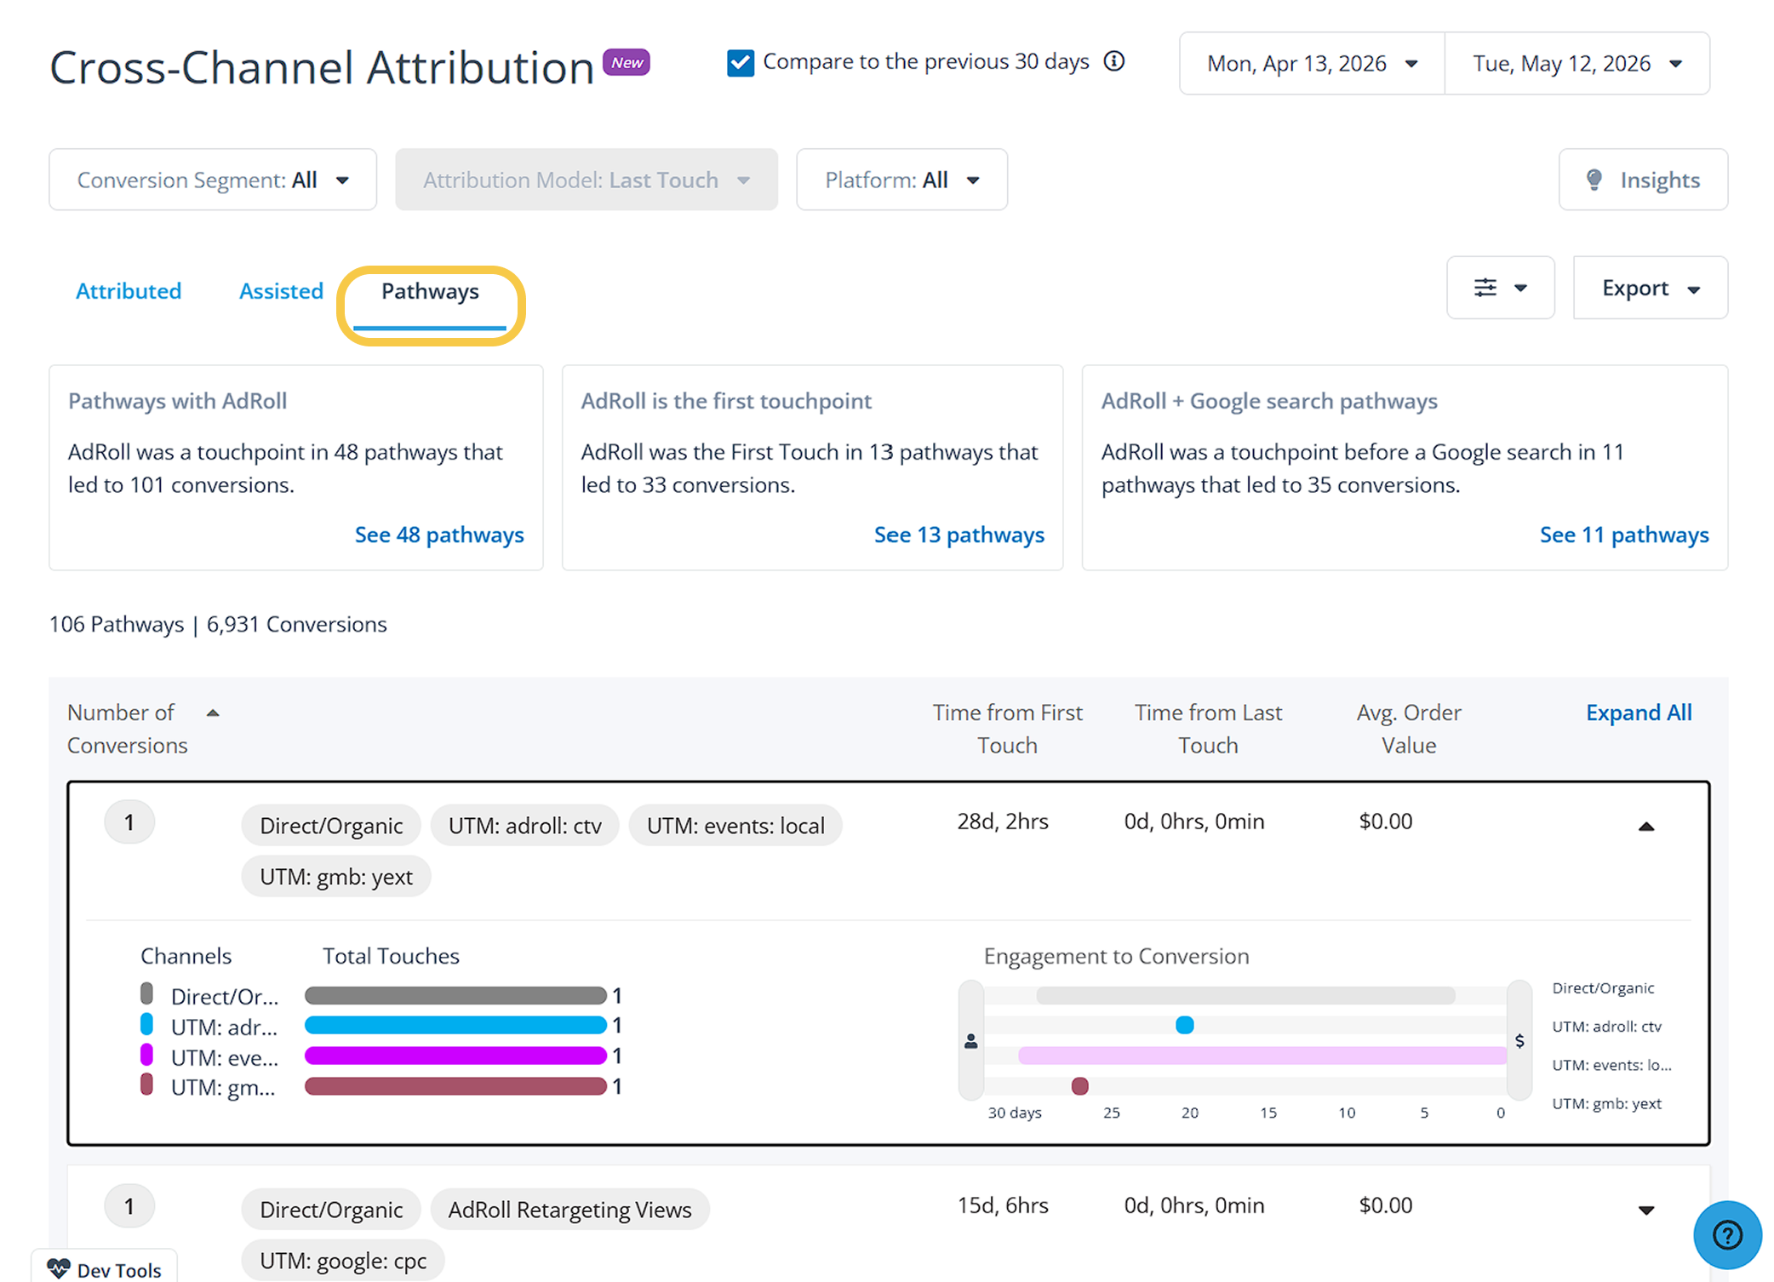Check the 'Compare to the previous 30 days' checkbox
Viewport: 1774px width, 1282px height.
click(741, 63)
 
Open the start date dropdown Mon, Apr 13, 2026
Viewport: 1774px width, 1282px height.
click(1312, 64)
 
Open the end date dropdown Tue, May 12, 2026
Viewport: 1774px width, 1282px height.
click(1577, 64)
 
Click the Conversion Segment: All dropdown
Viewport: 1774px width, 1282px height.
click(213, 180)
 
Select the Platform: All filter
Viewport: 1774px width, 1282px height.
click(901, 180)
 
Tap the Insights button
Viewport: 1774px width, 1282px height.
click(1643, 180)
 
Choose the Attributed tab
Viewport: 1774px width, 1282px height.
click(129, 291)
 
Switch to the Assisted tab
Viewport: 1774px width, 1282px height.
click(281, 291)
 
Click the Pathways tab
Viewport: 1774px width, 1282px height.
click(430, 292)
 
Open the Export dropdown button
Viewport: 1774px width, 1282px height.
click(1650, 288)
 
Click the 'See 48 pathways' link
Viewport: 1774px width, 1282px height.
click(439, 535)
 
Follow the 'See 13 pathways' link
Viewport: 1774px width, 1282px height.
click(959, 535)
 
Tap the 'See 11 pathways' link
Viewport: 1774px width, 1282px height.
click(1624, 535)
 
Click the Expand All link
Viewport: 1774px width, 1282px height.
click(1639, 713)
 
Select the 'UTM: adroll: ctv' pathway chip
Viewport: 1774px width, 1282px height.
click(525, 826)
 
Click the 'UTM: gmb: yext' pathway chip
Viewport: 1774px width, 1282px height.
click(336, 877)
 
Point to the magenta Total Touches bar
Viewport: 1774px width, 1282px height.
click(455, 1056)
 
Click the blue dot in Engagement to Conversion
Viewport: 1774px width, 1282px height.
click(1184, 1025)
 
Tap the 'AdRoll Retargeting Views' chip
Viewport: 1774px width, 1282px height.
click(569, 1210)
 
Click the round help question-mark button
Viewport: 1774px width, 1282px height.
click(1727, 1235)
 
